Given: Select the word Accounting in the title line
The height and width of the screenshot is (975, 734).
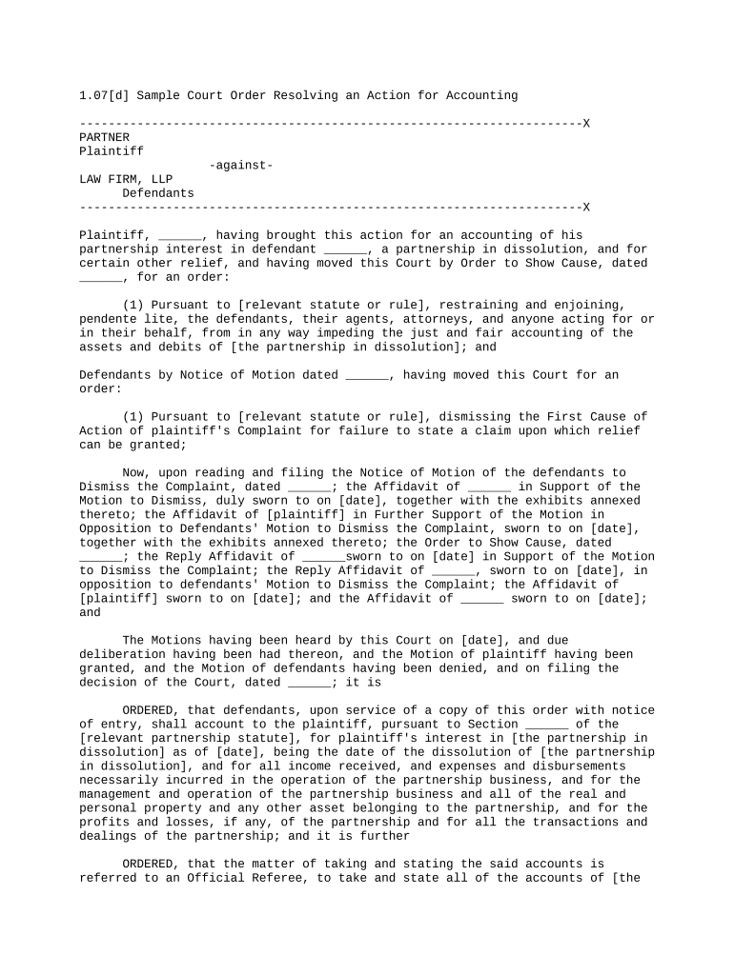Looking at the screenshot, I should click(482, 95).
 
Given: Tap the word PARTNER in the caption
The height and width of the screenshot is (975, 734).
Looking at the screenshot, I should click(104, 137).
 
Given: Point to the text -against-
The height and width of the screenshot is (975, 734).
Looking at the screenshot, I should click(241, 166).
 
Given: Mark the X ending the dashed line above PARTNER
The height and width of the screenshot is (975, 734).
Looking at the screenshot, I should click(586, 124).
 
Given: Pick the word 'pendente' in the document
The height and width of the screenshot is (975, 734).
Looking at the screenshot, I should click(108, 319).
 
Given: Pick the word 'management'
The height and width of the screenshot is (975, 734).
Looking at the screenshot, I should click(114, 794).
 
